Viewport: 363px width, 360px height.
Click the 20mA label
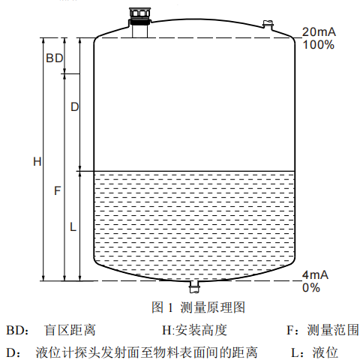coord(319,31)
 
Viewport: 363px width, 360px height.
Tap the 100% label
coord(318,45)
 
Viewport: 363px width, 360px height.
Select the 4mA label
coord(315,274)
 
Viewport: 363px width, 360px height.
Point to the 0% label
coord(311,288)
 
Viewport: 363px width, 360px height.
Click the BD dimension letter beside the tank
coord(55,58)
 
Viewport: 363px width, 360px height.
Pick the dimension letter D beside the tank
coord(75,107)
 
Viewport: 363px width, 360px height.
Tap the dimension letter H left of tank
coord(37,161)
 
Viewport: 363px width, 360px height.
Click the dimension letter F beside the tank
coord(58,190)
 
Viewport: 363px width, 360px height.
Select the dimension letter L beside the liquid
coord(73,227)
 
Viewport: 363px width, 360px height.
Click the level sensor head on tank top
coord(139,16)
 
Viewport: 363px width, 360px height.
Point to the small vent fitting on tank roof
coord(268,25)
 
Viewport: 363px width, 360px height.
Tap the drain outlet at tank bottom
coord(194,286)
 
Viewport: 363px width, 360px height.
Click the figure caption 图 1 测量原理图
coord(198,307)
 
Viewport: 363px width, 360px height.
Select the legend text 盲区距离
coord(70,330)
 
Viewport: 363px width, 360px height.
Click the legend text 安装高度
coord(201,330)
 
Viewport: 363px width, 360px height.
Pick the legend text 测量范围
coord(333,330)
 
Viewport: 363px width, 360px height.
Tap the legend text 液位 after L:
coord(325,352)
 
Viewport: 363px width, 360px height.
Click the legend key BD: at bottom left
coord(17,330)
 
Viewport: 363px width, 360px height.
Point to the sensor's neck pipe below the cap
coord(139,31)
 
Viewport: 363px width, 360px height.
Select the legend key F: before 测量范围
coord(292,330)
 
